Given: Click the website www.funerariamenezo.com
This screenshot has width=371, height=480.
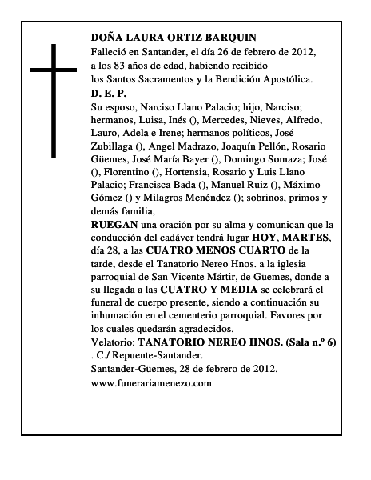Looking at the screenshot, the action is [151, 406].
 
